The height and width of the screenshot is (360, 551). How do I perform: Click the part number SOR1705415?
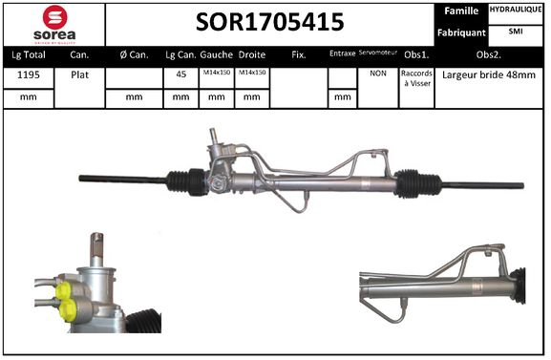point(271,22)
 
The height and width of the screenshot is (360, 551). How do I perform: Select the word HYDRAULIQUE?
point(516,10)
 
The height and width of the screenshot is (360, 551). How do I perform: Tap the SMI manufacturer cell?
point(516,32)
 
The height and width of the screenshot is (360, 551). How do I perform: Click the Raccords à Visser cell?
point(416,78)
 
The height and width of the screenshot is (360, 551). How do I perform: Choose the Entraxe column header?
point(341,54)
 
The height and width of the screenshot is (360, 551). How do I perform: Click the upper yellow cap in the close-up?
point(64,290)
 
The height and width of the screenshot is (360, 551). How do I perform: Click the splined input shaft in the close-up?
point(97,246)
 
